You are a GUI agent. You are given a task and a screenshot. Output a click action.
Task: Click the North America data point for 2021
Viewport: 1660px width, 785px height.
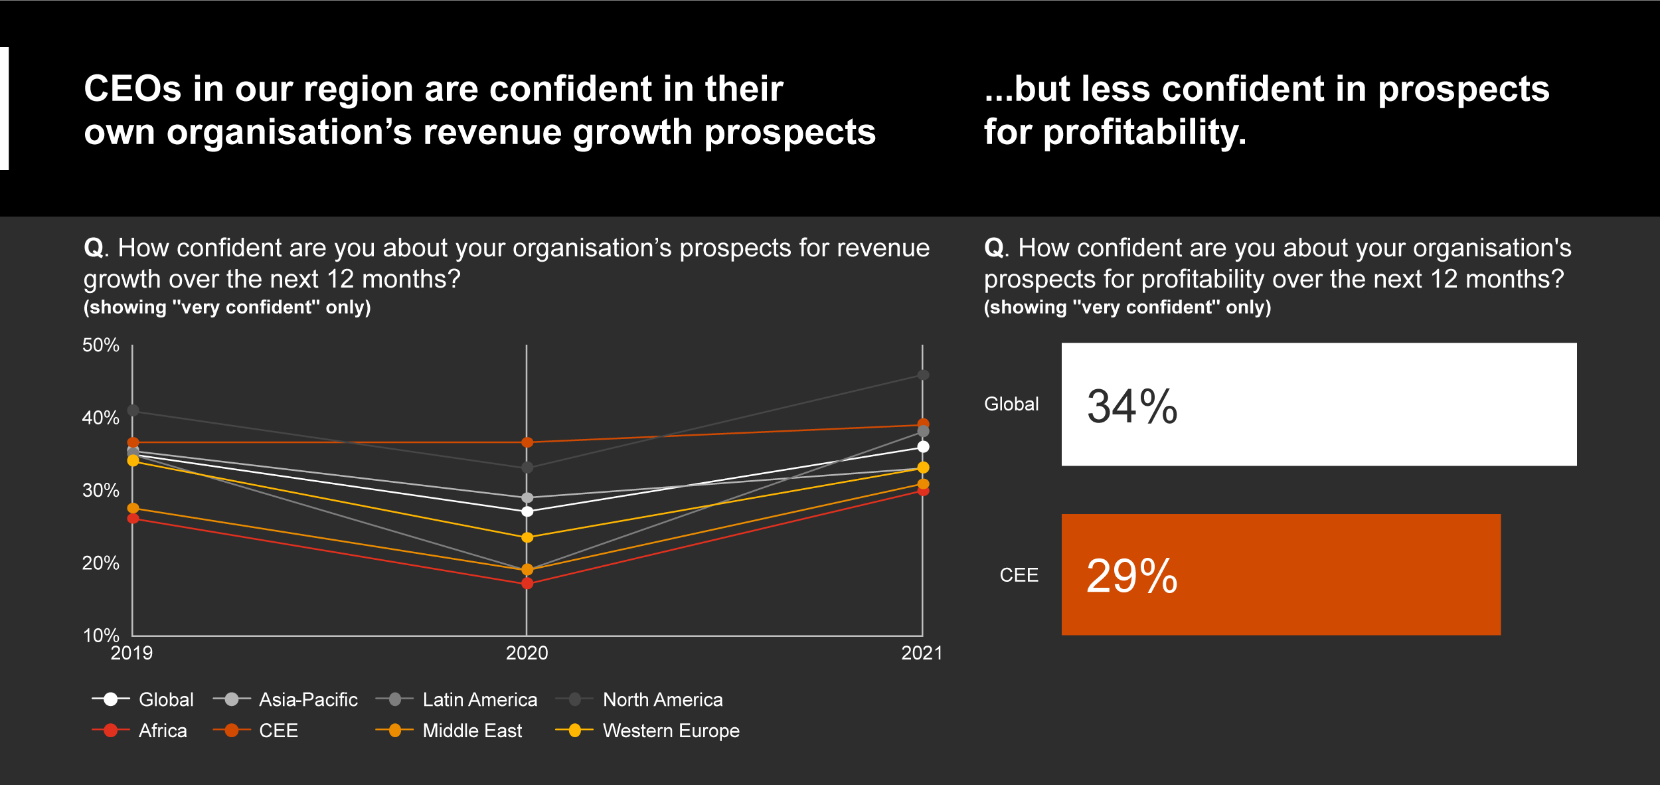click(922, 375)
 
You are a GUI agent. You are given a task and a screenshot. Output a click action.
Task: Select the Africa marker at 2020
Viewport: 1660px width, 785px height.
click(527, 583)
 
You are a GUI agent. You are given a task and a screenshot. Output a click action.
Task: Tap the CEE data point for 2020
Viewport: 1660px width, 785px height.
click(527, 442)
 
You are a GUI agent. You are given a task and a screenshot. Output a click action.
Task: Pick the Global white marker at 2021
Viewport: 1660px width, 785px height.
click(923, 447)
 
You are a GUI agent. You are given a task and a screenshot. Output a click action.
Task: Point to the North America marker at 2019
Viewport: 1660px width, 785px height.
click(133, 410)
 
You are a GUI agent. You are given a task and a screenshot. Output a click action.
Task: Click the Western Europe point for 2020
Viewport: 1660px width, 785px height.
click(527, 537)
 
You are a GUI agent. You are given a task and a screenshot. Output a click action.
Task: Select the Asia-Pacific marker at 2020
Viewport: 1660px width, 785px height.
click(527, 497)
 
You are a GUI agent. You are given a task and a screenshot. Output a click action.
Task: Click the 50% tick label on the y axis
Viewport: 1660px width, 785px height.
click(100, 345)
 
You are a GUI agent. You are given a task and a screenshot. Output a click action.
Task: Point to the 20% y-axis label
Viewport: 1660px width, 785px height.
click(100, 563)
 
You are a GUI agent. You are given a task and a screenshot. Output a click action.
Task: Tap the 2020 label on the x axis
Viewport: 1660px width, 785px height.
click(527, 654)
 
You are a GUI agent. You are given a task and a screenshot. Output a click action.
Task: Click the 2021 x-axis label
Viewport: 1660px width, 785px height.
click(922, 654)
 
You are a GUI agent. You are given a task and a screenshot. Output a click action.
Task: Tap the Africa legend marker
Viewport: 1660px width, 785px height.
click(111, 731)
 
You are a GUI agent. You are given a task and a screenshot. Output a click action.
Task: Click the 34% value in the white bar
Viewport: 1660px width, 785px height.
click(1132, 406)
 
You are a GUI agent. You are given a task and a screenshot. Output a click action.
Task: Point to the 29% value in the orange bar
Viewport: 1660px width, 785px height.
click(1132, 576)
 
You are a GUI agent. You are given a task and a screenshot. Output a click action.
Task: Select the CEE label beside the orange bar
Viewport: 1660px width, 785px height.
click(1019, 575)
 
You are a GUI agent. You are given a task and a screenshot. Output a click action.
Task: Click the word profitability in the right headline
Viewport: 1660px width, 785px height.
click(1144, 132)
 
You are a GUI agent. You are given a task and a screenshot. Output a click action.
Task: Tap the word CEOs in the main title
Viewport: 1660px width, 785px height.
click(132, 89)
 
